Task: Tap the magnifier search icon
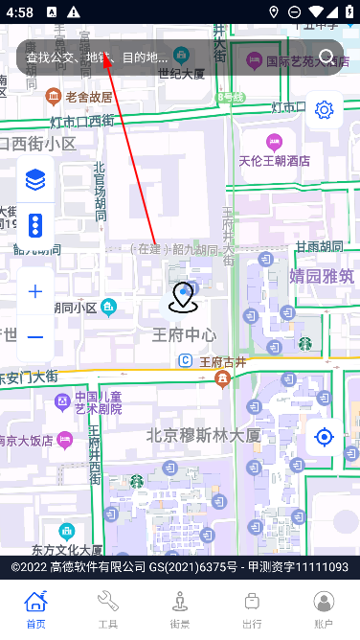(x=327, y=57)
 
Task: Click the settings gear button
(x=325, y=109)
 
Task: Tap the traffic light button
(x=35, y=225)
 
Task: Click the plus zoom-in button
(x=35, y=291)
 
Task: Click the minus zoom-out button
(x=35, y=336)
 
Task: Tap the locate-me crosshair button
(x=325, y=438)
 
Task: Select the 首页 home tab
(x=35, y=607)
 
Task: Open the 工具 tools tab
(x=108, y=607)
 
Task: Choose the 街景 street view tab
(x=180, y=607)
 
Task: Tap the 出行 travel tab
(x=252, y=607)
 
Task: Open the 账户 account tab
(x=325, y=607)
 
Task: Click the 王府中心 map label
(x=184, y=334)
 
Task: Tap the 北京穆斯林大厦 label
(x=203, y=435)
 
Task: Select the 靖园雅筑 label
(x=322, y=276)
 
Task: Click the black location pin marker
(x=182, y=298)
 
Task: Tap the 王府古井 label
(x=222, y=361)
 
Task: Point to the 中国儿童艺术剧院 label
(x=99, y=402)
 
